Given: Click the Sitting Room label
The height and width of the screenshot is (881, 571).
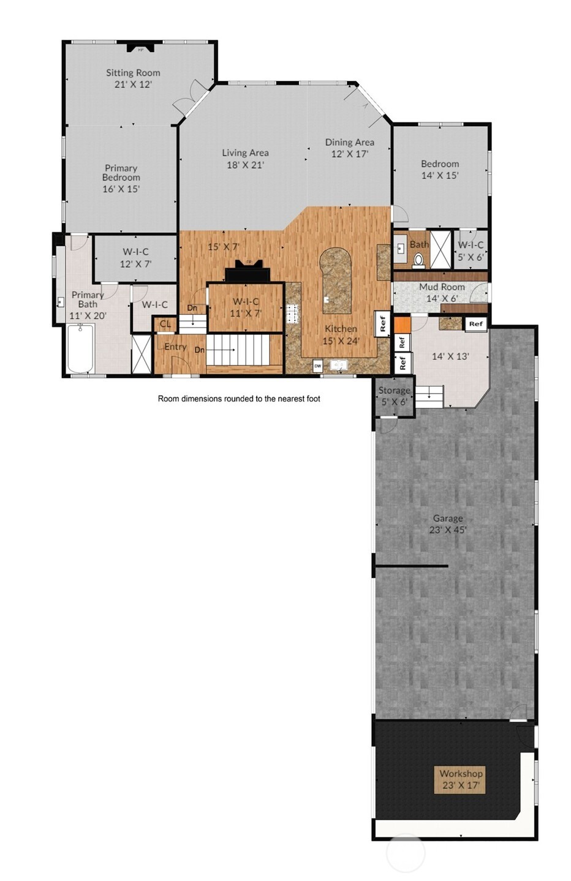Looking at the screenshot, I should tap(133, 78).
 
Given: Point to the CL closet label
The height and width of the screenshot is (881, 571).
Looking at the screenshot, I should tap(165, 324).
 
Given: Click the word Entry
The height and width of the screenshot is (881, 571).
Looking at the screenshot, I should tap(175, 347).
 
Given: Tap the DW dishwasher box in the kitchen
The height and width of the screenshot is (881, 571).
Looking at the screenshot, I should tap(317, 366).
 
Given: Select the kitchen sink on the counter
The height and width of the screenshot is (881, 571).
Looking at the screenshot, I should tap(339, 366).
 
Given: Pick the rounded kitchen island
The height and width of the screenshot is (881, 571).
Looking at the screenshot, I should tap(336, 279).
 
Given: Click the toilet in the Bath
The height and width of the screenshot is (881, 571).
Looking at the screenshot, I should tap(419, 260).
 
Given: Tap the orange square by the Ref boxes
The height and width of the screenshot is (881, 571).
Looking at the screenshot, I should tap(402, 324).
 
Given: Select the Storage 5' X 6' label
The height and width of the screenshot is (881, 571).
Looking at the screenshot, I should tap(394, 396).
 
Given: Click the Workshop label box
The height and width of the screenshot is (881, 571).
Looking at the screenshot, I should tap(460, 779).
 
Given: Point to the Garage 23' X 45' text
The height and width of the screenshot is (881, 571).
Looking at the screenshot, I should tap(448, 524).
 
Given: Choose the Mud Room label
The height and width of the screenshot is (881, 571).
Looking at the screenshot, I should tap(442, 287).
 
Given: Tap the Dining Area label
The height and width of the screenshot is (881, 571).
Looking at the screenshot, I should tap(349, 148).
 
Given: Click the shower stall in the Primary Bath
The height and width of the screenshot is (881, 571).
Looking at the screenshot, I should tap(142, 354).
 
